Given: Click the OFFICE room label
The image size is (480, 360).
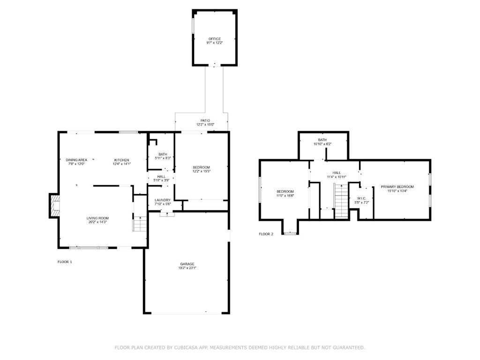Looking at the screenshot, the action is pyautogui.click(x=215, y=39).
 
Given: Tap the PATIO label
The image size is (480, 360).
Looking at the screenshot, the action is pyautogui.click(x=205, y=120).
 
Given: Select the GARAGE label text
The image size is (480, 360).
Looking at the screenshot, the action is pyautogui.click(x=187, y=264).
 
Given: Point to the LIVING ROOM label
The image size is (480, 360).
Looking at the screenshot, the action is pyautogui.click(x=97, y=218).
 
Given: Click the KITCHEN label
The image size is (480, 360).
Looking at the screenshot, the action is pyautogui.click(x=121, y=160).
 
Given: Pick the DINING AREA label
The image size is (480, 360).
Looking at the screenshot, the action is pyautogui.click(x=76, y=160).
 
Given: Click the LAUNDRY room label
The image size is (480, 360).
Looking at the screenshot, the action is pyautogui.click(x=163, y=200).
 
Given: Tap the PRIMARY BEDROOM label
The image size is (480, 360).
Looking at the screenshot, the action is pyautogui.click(x=397, y=187).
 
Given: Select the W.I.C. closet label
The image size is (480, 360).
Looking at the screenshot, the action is pyautogui.click(x=361, y=198).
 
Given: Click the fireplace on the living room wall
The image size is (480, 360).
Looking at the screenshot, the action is pyautogui.click(x=54, y=206).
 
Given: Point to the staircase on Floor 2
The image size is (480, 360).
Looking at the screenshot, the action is pyautogui.click(x=341, y=201).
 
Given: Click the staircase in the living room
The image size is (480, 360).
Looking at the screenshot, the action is pyautogui.click(x=140, y=224).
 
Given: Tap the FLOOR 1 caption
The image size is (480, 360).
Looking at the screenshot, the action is pyautogui.click(x=65, y=262).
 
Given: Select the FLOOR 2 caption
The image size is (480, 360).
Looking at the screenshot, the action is pyautogui.click(x=266, y=234).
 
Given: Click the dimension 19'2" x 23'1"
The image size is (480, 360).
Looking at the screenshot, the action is pyautogui.click(x=187, y=268).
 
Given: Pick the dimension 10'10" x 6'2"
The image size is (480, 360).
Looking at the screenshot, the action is pyautogui.click(x=322, y=144).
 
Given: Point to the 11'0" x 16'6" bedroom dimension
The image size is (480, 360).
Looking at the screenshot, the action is pyautogui.click(x=285, y=195).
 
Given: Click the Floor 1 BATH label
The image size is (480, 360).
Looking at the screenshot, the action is pyautogui.click(x=163, y=154).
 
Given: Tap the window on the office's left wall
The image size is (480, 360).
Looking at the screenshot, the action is pyautogui.click(x=193, y=26).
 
